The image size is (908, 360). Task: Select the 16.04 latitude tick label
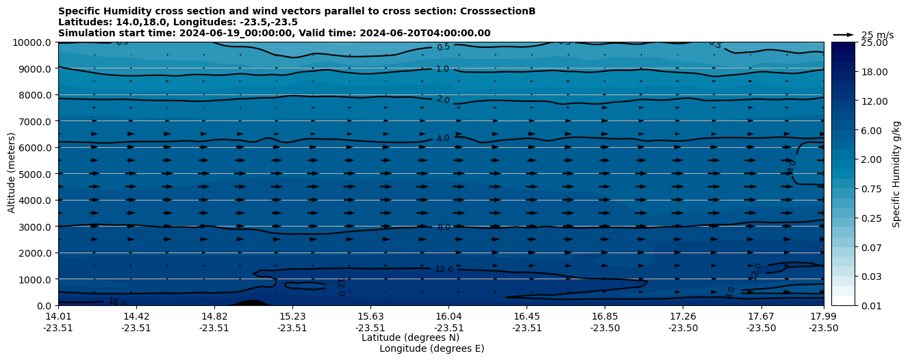(448, 317)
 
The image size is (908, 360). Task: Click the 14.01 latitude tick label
(58, 317)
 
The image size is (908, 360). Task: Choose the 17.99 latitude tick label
(824, 317)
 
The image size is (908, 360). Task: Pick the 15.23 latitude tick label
(292, 317)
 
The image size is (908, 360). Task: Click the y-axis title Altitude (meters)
(12, 174)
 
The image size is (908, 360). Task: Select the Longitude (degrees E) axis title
(431, 348)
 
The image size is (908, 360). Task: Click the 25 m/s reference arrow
(844, 35)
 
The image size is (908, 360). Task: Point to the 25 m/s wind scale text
(877, 35)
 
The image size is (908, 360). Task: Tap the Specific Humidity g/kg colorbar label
(896, 174)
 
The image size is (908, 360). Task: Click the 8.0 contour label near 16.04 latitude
(444, 227)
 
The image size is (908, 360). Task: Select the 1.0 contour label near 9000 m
(442, 69)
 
